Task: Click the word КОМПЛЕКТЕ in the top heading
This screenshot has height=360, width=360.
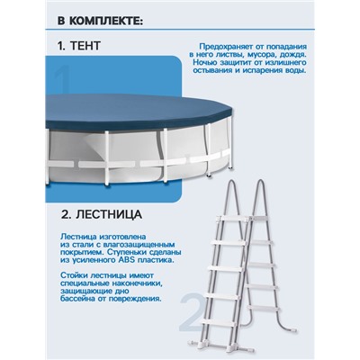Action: (94, 19)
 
